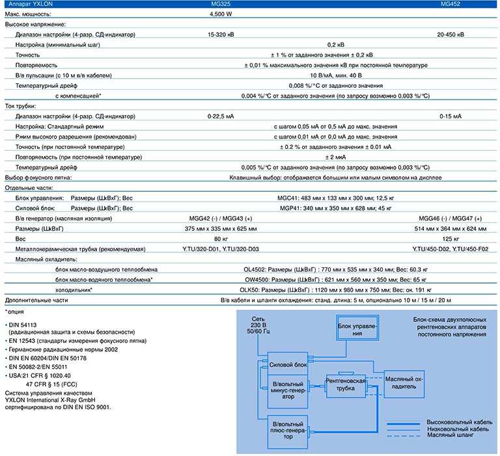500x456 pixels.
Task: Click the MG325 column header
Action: (x=220, y=4)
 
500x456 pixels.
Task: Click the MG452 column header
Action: (x=451, y=4)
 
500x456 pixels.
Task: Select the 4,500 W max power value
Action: (x=221, y=14)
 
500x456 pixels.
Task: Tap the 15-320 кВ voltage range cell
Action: (x=221, y=34)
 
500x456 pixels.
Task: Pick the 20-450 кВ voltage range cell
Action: (x=451, y=34)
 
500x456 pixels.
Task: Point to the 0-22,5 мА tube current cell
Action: (x=221, y=116)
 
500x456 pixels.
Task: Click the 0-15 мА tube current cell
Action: (x=451, y=116)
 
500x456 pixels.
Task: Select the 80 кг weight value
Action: (x=221, y=239)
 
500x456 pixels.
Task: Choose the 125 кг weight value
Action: (x=451, y=239)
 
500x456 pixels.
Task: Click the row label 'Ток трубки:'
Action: (x=20, y=106)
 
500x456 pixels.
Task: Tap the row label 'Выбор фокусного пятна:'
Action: (x=38, y=178)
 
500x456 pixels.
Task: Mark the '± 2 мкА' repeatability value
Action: (x=335, y=157)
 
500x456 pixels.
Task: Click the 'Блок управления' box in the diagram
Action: (x=357, y=328)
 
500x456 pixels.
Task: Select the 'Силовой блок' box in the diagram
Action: (x=288, y=364)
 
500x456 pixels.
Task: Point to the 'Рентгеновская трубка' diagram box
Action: (x=346, y=384)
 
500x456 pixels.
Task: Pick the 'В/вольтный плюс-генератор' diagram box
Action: (x=288, y=432)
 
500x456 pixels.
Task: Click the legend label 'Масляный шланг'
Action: (x=451, y=435)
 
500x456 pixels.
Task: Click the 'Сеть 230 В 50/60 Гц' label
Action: (x=258, y=325)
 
